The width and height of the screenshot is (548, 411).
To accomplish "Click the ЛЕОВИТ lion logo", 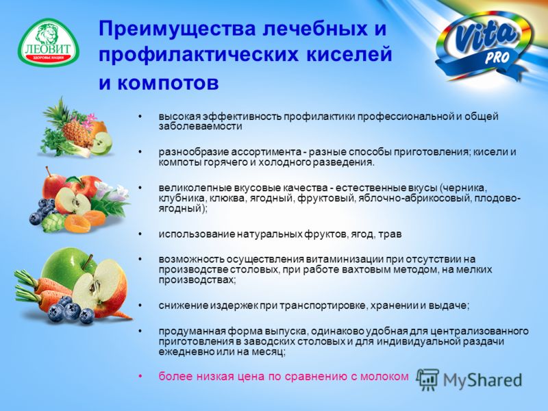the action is [x=49, y=42].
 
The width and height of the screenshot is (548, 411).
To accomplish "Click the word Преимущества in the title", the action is [x=174, y=28].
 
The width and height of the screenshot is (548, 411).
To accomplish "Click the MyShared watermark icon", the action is [x=427, y=379].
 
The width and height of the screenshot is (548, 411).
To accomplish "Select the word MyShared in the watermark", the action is [x=482, y=380].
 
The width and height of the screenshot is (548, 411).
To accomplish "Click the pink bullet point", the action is [x=140, y=376].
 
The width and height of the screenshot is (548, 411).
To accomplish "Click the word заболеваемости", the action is [x=200, y=126].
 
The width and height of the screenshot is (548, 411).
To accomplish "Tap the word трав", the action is [x=390, y=234].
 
